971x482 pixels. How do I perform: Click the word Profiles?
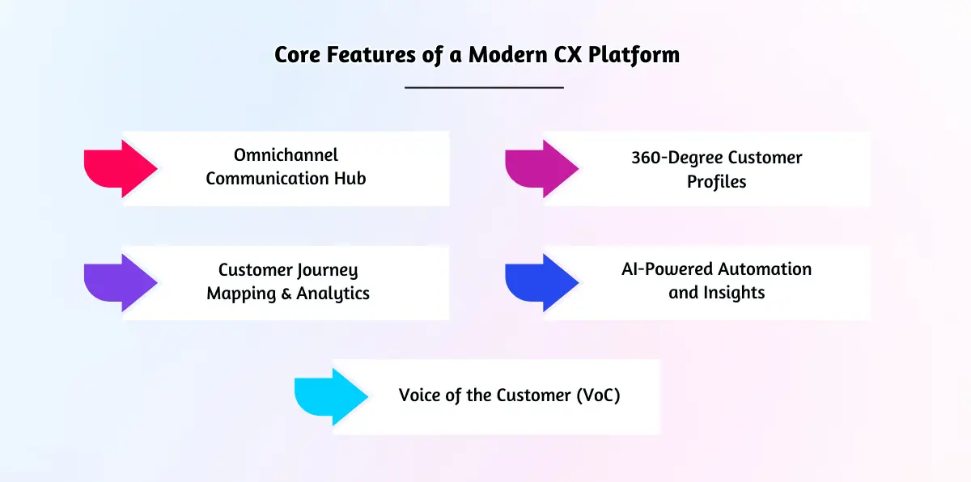716,182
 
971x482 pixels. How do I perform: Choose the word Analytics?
333,294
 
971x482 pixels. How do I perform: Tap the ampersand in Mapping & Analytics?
286,294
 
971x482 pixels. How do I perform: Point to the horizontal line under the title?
484,87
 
